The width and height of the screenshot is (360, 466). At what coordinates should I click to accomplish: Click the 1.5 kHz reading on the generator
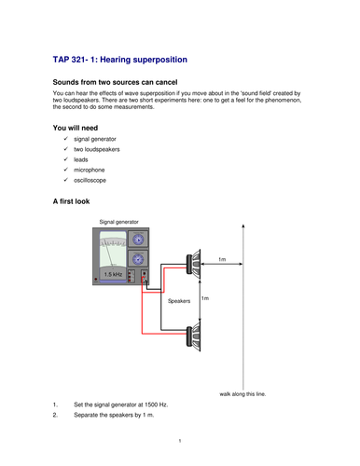[113, 274]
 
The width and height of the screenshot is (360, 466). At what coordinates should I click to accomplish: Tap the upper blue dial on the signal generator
[138, 240]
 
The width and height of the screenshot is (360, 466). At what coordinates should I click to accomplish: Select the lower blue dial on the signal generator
[138, 259]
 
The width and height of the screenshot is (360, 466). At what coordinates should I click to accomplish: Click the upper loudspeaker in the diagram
[193, 264]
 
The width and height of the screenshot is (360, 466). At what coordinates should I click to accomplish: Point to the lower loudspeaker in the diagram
[193, 336]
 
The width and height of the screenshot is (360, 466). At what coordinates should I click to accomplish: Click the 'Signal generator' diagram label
[118, 222]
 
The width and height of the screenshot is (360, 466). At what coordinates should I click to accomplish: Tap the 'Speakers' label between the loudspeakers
[179, 301]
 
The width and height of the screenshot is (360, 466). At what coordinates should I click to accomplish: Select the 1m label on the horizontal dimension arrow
[222, 259]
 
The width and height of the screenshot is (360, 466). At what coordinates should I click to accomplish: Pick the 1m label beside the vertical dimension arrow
[205, 298]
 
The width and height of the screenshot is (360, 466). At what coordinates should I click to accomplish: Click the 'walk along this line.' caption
[242, 394]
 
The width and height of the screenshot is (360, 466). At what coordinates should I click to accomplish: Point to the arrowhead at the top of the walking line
[243, 226]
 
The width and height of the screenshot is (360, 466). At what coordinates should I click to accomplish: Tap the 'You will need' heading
[76, 128]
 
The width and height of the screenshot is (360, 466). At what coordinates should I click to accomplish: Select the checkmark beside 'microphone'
[65, 170]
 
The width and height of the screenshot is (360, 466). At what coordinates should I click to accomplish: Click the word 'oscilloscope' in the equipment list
[90, 180]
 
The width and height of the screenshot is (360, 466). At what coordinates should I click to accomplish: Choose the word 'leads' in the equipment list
[81, 159]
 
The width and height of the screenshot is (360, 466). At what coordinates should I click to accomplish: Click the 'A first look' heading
[71, 201]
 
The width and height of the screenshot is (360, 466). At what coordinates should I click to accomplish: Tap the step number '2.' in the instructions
[55, 415]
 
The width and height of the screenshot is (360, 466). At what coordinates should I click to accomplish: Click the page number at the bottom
[180, 441]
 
